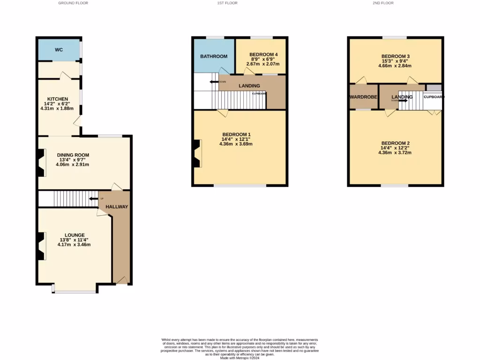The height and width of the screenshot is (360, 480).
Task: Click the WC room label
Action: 59,50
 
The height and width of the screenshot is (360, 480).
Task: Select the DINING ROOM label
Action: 73,155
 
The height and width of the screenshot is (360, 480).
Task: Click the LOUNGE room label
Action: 75,235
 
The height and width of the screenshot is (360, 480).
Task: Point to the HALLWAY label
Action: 116,207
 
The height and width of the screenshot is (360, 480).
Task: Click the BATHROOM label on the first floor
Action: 214,56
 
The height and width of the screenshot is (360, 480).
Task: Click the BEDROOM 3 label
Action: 395,56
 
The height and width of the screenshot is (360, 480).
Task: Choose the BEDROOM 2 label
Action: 395,143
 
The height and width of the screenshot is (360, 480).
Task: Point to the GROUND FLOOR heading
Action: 73,3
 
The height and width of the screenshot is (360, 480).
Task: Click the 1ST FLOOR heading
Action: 227,3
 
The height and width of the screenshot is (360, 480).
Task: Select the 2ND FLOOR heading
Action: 383,3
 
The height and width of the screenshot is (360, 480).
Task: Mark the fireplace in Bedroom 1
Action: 196,154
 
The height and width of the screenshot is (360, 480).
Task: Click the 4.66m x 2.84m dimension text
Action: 395,66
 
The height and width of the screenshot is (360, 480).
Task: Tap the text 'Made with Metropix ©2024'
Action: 240,358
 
